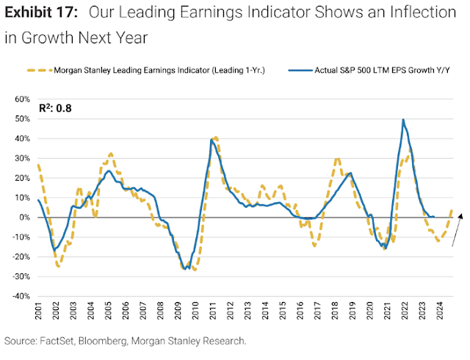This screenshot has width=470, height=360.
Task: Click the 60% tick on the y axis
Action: coord(21,98)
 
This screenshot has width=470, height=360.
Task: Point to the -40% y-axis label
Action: coord(20,296)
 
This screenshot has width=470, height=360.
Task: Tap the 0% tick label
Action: coord(23,217)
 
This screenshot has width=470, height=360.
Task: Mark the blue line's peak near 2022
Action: coord(403,119)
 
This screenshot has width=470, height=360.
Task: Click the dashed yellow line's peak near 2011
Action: coord(214,137)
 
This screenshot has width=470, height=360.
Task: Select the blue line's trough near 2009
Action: coord(189,268)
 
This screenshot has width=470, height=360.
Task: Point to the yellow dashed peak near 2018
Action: coord(337,158)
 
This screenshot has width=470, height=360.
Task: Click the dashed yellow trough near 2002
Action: coord(58,265)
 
